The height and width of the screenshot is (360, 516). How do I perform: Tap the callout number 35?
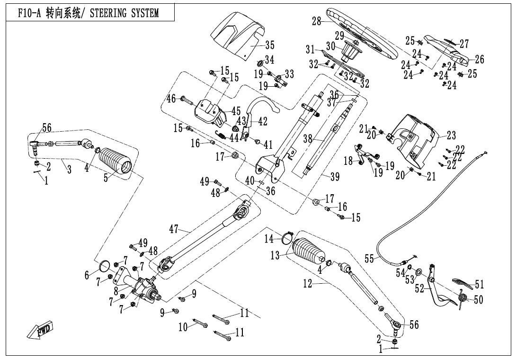tap(269, 45)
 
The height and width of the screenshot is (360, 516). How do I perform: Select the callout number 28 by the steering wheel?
tap(317, 21)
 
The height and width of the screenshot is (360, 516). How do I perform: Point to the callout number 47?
tap(174, 230)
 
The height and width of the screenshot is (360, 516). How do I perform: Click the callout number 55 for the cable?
tap(370, 258)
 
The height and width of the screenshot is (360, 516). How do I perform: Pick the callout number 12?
tap(308, 284)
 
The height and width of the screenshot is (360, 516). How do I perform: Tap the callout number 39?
tap(335, 177)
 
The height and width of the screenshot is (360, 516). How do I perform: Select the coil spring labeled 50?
tap(463, 297)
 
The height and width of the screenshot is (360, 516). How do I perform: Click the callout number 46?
tap(171, 99)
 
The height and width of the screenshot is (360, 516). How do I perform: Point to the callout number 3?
tap(69, 170)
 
